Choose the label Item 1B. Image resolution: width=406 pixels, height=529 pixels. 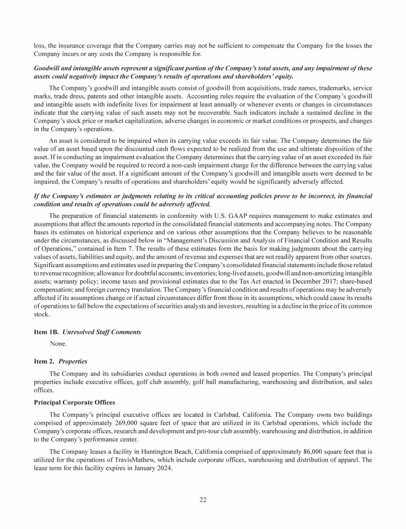46,332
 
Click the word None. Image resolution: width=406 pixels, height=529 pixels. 58,343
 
